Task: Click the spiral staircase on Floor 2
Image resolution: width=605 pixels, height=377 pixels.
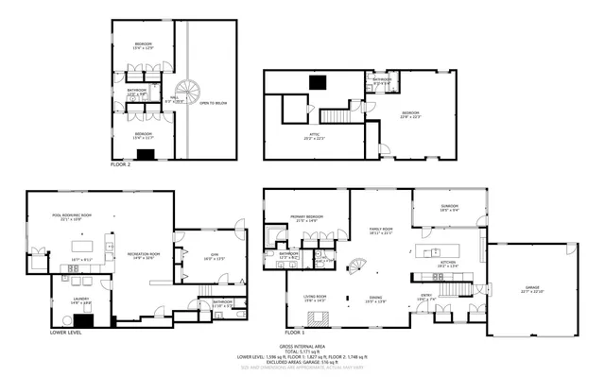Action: click(192, 92)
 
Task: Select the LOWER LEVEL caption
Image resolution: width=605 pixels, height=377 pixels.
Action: click(65, 334)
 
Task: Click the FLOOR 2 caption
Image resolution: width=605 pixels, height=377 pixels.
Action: click(120, 164)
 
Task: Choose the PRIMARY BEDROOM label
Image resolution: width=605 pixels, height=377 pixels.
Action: click(303, 219)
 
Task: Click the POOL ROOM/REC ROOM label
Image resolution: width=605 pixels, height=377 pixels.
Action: click(70, 216)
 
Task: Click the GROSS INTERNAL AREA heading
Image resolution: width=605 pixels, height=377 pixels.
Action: click(302, 343)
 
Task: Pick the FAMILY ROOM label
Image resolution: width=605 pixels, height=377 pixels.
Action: click(380, 230)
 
